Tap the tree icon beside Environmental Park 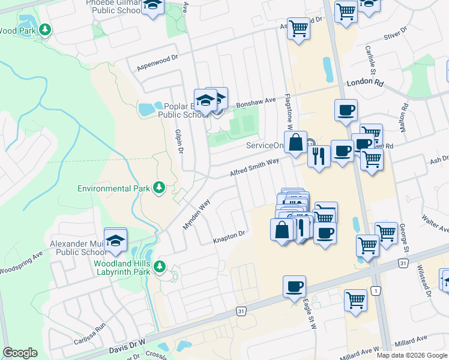click(x=159, y=188)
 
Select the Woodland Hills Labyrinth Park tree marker click(x=160, y=266)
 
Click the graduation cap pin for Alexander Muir click(x=116, y=241)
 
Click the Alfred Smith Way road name click(x=255, y=167)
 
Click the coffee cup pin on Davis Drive click(x=294, y=287)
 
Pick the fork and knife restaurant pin click(x=319, y=156)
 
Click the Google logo click(x=20, y=353)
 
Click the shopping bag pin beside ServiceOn click(x=296, y=143)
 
